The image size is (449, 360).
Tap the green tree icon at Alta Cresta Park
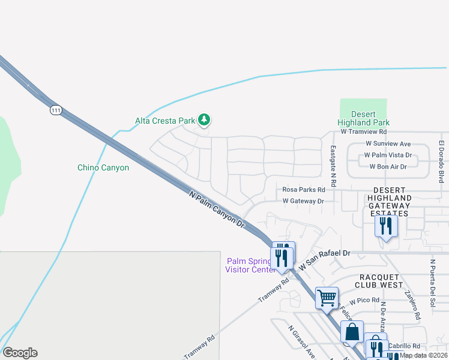click(204, 120)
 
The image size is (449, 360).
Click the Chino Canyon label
click(103, 168)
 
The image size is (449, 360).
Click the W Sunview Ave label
click(388, 144)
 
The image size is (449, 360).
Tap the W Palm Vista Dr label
click(388, 155)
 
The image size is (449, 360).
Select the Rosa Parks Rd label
click(303, 190)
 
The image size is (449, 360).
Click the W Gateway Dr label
click(303, 202)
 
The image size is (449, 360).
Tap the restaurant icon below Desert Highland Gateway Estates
click(385, 227)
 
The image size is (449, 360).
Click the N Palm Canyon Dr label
click(217, 209)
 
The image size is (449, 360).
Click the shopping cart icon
click(327, 298)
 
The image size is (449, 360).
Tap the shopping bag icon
click(352, 332)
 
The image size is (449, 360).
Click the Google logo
click(19, 353)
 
